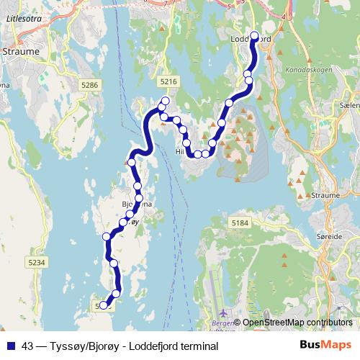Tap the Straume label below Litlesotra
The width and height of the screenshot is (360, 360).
tap(19, 52)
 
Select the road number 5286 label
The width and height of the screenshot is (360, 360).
tap(90, 85)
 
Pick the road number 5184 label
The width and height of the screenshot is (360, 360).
tap(240, 224)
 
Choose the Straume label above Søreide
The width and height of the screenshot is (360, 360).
tap(327, 195)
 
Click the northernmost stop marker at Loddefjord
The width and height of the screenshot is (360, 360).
tap(254, 35)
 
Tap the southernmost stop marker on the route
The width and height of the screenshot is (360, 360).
tap(103, 305)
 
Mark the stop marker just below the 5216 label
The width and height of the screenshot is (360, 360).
tap(166, 101)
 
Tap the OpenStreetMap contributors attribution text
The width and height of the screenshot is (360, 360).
tap(297, 323)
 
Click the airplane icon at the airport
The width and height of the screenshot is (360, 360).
tap(223, 313)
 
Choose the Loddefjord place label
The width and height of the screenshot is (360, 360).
tap(251, 40)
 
